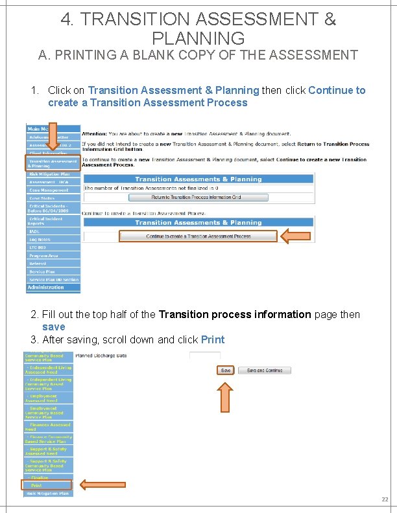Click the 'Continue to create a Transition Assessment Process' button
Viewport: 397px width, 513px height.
pyautogui.click(x=198, y=236)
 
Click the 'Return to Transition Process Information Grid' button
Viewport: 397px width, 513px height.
pyautogui.click(x=196, y=197)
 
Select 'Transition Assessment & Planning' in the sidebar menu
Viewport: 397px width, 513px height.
pyautogui.click(x=53, y=163)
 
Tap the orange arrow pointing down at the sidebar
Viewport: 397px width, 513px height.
pyautogui.click(x=53, y=137)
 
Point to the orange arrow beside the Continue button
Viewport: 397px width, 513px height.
pyautogui.click(x=299, y=236)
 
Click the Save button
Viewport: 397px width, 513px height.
pyautogui.click(x=225, y=370)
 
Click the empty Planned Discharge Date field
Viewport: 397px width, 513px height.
pyautogui.click(x=204, y=356)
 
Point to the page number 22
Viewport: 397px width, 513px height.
pyautogui.click(x=384, y=499)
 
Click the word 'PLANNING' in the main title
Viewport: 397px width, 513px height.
pyautogui.click(x=198, y=38)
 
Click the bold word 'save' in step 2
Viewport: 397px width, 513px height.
pyautogui.click(x=53, y=326)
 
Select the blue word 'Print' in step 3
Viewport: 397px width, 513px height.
pyautogui.click(x=213, y=339)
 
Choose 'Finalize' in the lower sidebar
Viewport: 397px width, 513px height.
pyautogui.click(x=39, y=477)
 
